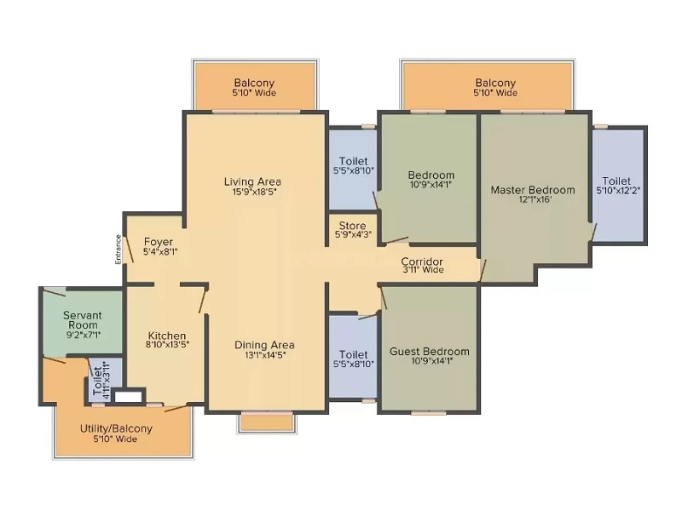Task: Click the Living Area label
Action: [252, 181]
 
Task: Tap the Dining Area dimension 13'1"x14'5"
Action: [265, 354]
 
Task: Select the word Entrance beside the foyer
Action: [118, 250]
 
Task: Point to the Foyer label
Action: [159, 242]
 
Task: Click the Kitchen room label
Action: [167, 336]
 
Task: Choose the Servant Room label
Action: [82, 320]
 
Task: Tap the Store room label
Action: [352, 226]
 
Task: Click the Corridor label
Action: [422, 261]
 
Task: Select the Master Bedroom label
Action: [533, 190]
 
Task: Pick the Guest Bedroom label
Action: [430, 351]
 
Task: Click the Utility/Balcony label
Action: [116, 428]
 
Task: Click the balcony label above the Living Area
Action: [254, 83]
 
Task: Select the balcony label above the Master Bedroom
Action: [495, 83]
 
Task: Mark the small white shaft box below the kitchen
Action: [129, 396]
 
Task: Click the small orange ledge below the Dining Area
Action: [267, 422]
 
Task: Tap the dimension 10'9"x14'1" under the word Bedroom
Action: [431, 184]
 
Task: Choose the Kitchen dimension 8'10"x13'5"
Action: [167, 345]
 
